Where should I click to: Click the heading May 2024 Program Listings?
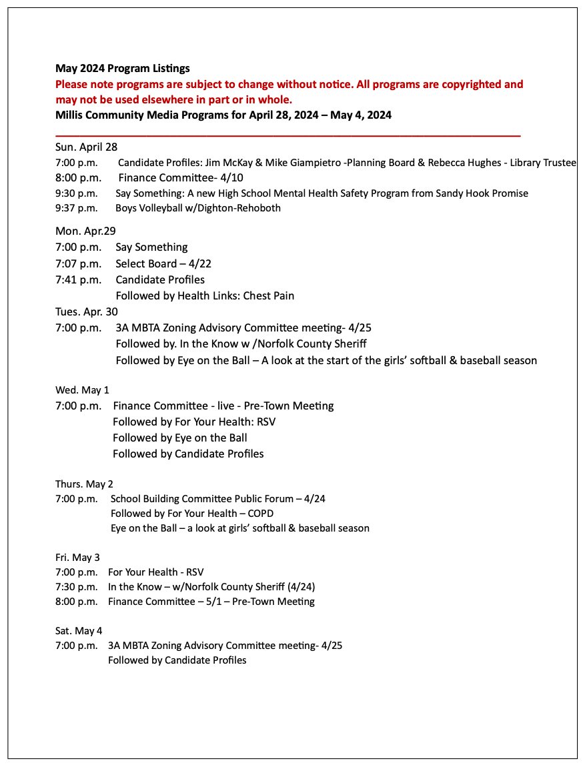(x=122, y=69)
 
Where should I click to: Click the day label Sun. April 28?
(x=86, y=147)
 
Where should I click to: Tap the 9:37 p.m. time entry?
(x=76, y=208)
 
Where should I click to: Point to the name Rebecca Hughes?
(x=466, y=163)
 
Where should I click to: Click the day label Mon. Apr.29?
(x=85, y=231)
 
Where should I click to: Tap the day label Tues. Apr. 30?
(x=87, y=312)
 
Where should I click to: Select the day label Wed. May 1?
(x=81, y=390)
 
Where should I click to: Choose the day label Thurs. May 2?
(x=84, y=484)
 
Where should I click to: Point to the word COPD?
(x=259, y=514)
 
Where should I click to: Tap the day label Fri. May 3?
(x=77, y=558)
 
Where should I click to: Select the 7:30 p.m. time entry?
(x=76, y=587)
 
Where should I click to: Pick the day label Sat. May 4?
(x=79, y=631)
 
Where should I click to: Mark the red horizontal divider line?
(x=287, y=135)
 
